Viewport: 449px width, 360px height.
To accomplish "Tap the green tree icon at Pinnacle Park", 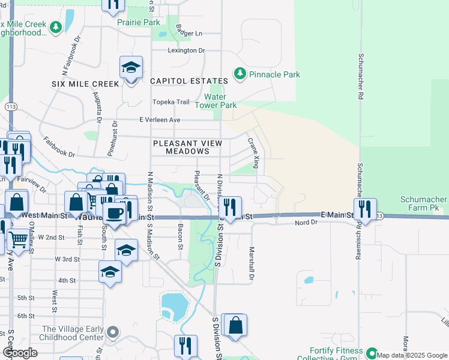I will (x=240, y=73).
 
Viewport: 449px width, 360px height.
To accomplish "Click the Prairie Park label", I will (x=139, y=22).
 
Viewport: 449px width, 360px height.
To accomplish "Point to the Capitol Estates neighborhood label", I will (x=189, y=81).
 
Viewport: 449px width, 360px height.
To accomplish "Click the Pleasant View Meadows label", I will (x=188, y=147).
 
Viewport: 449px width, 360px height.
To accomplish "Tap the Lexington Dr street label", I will (x=186, y=50).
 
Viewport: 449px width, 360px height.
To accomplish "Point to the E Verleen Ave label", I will (x=160, y=120).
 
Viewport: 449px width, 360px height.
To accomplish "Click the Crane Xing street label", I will (x=255, y=153).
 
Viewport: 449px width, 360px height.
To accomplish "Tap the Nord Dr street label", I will (x=306, y=223).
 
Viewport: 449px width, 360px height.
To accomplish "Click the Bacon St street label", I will (x=180, y=237).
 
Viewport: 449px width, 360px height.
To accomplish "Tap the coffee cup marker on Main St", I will (x=113, y=212).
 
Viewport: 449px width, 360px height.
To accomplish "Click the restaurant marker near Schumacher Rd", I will (x=364, y=209).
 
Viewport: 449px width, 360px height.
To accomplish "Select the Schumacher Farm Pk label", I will (x=424, y=203).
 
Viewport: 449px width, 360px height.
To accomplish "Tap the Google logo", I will (x=20, y=353).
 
